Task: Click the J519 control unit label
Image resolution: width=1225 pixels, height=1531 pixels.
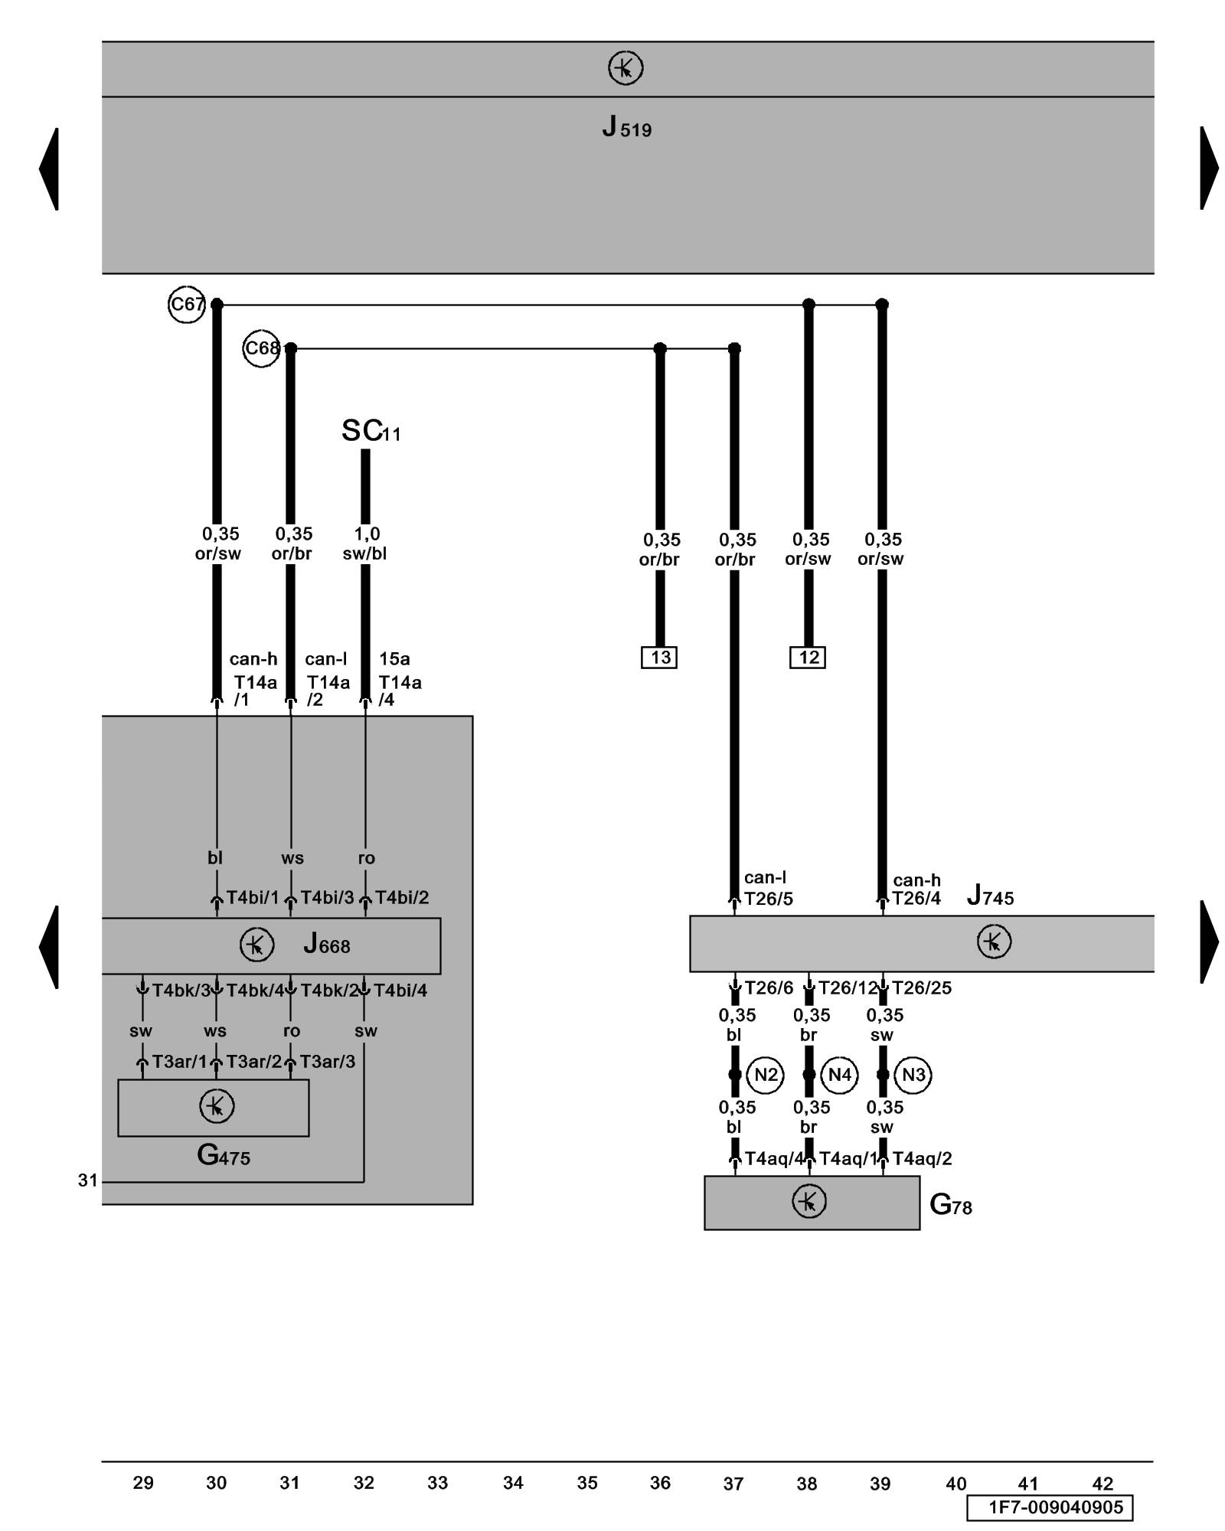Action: coord(626,126)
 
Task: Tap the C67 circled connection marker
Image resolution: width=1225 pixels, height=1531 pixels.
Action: coord(186,305)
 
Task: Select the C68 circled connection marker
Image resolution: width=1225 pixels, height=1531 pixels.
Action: coord(261,348)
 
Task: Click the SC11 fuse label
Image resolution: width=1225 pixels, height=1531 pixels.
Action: coord(371,431)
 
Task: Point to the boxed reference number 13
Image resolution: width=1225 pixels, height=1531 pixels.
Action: coord(659,658)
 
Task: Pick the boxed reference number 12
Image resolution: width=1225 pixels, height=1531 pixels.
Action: coord(808,658)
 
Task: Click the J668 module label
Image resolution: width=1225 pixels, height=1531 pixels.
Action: coord(327,944)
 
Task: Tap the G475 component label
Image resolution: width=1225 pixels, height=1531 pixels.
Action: coord(224,1155)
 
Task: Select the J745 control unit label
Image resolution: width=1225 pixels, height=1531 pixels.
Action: coord(990,895)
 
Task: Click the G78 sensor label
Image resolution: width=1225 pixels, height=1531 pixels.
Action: coord(951,1205)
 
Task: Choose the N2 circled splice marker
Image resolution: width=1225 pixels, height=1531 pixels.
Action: coord(766,1075)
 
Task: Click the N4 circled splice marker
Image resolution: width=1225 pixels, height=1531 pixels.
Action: coord(839,1075)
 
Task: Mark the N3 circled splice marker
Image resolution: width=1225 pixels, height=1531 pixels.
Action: coord(913,1075)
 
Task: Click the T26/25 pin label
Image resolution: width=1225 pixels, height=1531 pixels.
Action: coord(922,988)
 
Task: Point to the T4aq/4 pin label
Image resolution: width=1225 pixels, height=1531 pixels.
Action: coord(775,1159)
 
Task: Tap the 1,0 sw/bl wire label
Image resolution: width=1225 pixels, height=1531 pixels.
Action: coord(365,544)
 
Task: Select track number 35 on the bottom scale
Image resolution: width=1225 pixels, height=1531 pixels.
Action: coord(587,1483)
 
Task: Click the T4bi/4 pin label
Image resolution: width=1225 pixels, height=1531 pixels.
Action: coord(400,991)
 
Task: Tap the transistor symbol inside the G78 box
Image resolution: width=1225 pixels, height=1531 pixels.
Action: coord(809,1201)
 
